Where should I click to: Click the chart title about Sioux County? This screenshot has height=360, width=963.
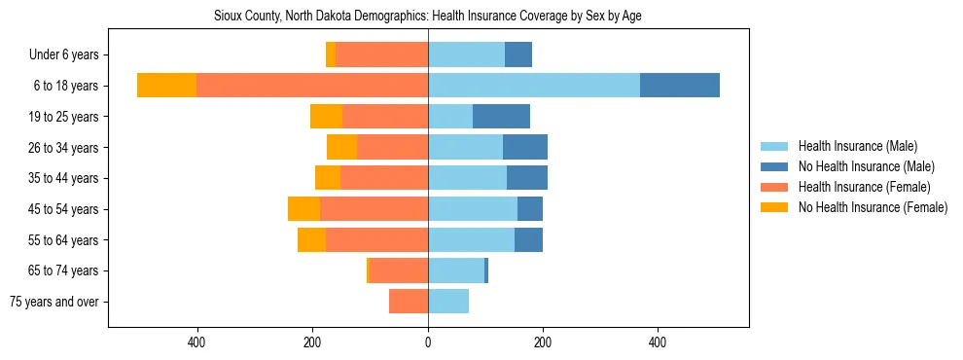click(428, 17)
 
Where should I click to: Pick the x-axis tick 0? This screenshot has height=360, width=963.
click(428, 342)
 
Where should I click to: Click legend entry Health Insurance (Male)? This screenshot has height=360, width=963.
click(857, 146)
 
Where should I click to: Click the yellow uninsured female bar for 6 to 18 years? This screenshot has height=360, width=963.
click(166, 86)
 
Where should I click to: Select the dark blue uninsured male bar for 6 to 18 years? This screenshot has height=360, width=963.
click(680, 86)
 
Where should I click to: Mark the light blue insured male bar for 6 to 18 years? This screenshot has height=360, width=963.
click(534, 86)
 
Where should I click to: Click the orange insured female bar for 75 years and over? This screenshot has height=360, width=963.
click(409, 302)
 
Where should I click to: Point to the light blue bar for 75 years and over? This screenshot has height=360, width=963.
click(448, 302)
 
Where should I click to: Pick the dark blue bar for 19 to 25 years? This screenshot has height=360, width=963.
click(501, 117)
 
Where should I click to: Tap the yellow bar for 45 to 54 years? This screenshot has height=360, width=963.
click(303, 209)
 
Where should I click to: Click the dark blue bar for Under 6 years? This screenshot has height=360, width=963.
click(518, 55)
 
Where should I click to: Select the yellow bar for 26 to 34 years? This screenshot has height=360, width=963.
click(341, 147)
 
